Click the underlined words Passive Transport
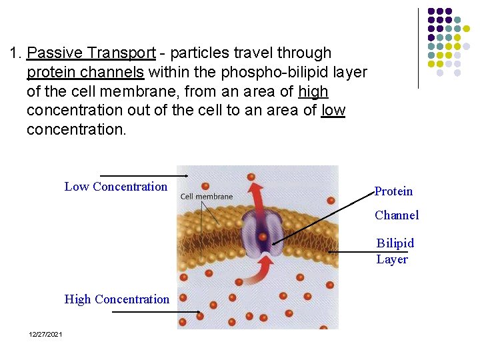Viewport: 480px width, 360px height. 92,53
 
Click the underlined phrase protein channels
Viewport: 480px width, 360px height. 85,72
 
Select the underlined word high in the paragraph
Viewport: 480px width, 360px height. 313,91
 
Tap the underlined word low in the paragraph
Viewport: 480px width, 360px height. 333,110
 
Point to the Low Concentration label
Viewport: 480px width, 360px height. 116,187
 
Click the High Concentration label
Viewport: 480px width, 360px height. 117,299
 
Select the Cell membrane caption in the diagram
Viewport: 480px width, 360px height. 207,196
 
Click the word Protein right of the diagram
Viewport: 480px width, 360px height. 393,191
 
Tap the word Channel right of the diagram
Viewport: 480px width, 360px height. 397,215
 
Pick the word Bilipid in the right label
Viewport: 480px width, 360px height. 395,243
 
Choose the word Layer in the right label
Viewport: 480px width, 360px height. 392,259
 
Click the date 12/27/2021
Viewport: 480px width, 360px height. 45,334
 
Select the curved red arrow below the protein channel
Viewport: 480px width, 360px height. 261,270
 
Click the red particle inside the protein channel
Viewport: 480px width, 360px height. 264,237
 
